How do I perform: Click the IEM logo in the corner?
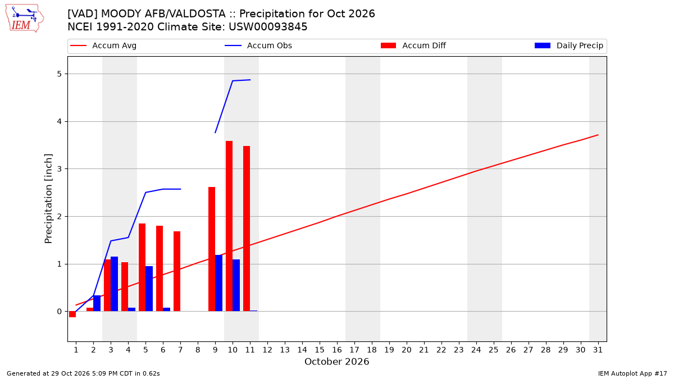(x=24, y=19)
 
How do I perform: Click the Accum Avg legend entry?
(x=103, y=45)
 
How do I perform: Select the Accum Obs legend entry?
(x=258, y=45)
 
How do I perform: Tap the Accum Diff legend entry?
(x=413, y=45)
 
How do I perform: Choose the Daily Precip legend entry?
(x=568, y=45)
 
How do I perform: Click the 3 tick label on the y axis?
(x=60, y=169)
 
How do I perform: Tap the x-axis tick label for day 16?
(x=337, y=350)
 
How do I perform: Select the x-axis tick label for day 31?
(x=598, y=350)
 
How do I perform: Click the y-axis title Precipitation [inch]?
(x=48, y=199)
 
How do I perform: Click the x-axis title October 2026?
(x=336, y=362)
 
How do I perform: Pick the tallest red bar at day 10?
(x=229, y=226)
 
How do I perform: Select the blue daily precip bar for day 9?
(x=218, y=283)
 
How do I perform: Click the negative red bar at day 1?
(x=72, y=314)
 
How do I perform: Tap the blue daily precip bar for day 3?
(x=115, y=284)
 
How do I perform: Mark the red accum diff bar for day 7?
(x=177, y=271)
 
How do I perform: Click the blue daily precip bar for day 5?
(x=149, y=289)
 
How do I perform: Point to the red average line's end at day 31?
(x=598, y=135)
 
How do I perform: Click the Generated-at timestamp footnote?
(x=83, y=373)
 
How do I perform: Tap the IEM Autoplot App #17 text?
(x=632, y=373)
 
